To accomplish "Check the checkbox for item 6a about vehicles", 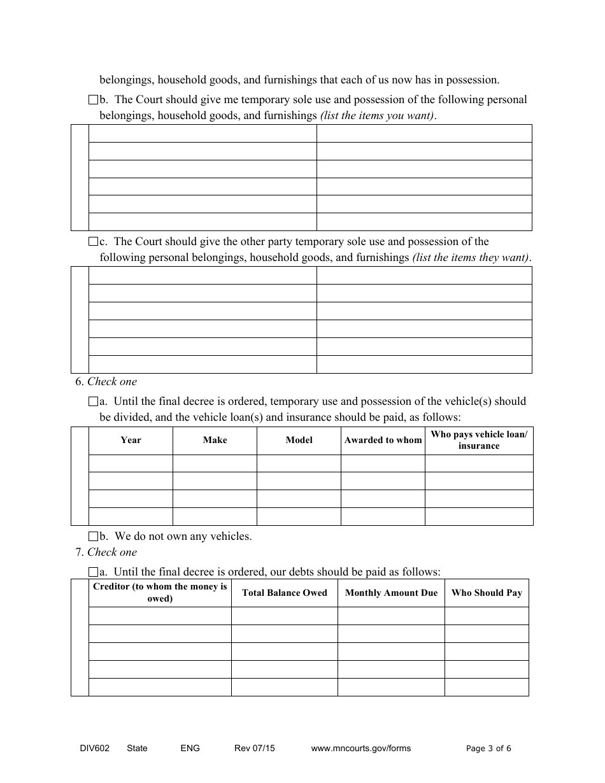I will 93,402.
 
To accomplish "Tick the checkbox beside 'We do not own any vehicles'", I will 93,537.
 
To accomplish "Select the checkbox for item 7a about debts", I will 93,572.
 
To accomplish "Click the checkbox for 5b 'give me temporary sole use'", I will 93,100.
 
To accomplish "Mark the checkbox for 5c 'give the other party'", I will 93,242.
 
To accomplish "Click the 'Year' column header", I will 131,440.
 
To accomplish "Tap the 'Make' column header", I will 215,440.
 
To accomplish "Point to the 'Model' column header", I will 299,440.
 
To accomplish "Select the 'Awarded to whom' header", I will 383,440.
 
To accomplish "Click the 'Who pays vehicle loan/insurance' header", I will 479,440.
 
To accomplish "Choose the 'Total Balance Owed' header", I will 284,593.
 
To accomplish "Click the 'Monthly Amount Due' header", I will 391,593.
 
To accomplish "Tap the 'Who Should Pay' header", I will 487,593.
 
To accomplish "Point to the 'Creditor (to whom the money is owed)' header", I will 160,593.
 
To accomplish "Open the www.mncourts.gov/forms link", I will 360,748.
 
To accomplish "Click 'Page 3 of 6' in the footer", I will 488,749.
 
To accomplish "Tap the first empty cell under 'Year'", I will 131,463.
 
